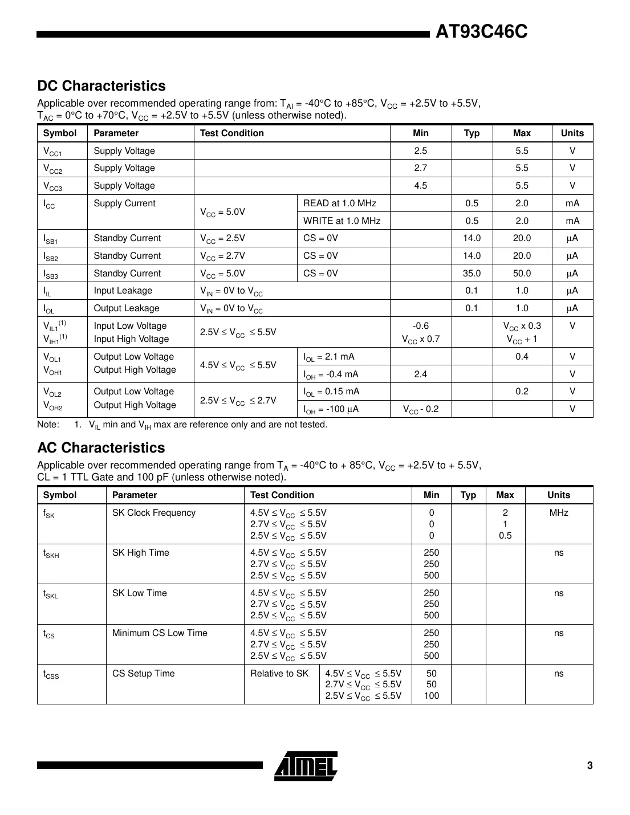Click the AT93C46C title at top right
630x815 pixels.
[x=481, y=32]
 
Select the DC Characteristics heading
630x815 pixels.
[x=101, y=86]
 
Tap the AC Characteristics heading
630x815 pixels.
[x=101, y=448]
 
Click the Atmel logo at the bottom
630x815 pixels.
[x=306, y=765]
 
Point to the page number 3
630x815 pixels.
[x=590, y=765]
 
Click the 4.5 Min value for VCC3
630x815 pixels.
[x=420, y=186]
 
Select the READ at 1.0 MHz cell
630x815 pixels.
[x=340, y=203]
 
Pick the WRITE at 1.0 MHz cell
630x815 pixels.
[x=342, y=221]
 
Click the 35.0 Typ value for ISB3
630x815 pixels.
[x=472, y=274]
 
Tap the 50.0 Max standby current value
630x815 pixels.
[x=521, y=274]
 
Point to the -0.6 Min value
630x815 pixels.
[x=420, y=326]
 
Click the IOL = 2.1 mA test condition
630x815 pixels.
[x=329, y=357]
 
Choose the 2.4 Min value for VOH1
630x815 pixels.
[x=420, y=374]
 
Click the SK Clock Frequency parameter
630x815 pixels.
[x=154, y=513]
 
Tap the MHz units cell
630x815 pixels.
[x=558, y=513]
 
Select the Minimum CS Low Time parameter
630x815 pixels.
[x=160, y=633]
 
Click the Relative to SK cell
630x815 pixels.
[x=279, y=674]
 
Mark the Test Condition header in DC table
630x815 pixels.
[x=232, y=133]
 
